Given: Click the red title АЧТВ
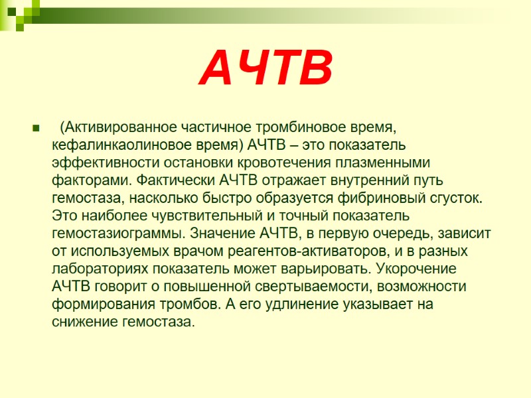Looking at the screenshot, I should pyautogui.click(x=265, y=69).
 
